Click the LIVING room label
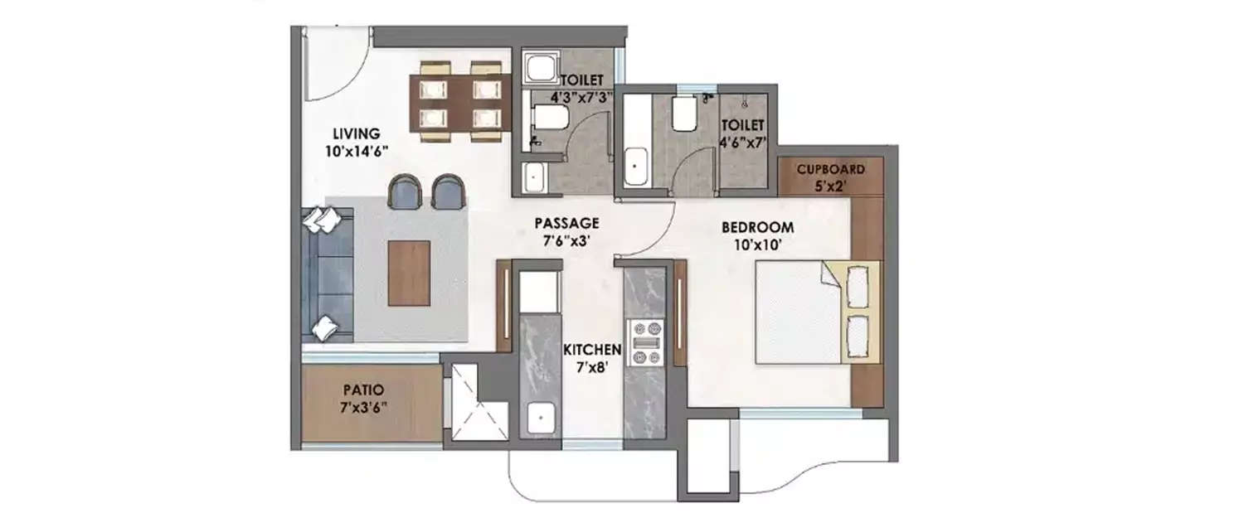356,133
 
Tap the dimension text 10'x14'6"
356,150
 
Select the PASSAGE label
566,223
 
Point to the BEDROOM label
757,227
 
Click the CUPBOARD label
830,169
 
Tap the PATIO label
362,389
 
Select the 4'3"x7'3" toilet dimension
575,97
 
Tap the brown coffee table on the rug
409,274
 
